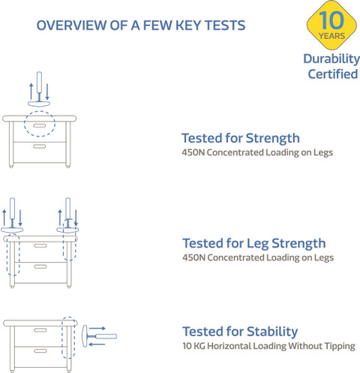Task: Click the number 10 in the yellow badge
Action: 331,20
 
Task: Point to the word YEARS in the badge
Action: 331,36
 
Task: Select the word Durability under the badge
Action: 331,60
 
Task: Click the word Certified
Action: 333,74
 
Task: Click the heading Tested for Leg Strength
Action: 254,244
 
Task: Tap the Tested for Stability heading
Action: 240,332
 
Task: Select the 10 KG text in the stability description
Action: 193,346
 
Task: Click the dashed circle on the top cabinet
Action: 40,111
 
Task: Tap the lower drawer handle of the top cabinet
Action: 40,146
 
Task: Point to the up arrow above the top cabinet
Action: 31,92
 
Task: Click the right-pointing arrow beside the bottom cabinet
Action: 97,328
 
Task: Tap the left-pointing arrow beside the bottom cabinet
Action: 97,344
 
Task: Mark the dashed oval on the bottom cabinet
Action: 62,338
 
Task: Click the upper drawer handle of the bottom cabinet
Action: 40,330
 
